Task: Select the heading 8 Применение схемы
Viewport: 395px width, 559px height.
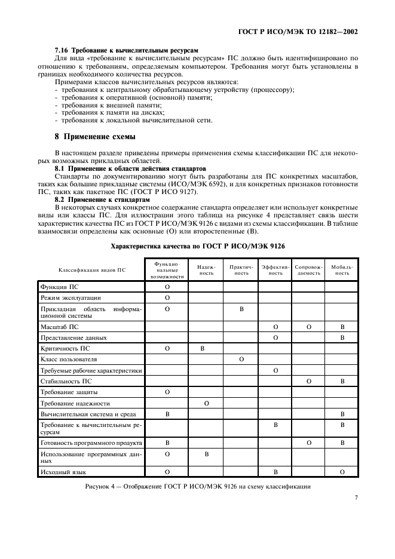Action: point(95,136)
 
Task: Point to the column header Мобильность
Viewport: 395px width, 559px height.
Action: point(342,269)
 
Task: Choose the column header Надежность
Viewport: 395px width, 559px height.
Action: point(206,269)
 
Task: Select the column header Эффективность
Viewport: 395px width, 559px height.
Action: point(275,269)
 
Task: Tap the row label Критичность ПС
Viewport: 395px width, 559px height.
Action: point(66,347)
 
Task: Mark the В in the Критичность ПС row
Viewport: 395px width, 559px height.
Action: point(206,347)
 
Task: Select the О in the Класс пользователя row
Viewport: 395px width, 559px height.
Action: point(241,360)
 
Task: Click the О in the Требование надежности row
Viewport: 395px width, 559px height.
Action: point(206,403)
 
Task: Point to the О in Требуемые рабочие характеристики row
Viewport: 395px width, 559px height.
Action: point(275,370)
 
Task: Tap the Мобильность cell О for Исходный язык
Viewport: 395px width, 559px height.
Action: point(342,472)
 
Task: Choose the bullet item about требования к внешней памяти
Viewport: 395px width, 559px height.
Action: point(95,105)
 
